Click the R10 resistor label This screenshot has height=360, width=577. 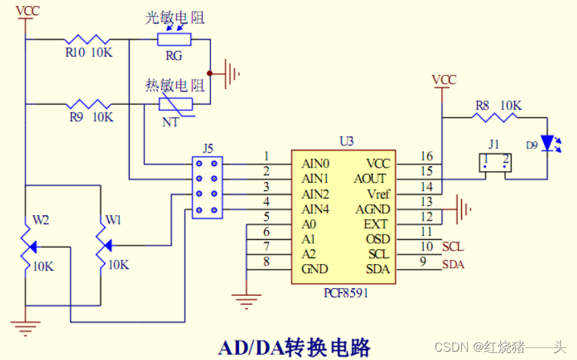(x=75, y=53)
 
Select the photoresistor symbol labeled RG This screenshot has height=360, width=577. (x=174, y=39)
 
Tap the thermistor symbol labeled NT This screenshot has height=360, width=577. (x=174, y=104)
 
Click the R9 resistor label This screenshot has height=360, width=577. (x=76, y=117)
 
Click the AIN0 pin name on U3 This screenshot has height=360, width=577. (x=315, y=164)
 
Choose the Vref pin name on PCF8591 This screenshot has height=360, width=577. (x=376, y=194)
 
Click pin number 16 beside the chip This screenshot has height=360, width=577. (x=427, y=157)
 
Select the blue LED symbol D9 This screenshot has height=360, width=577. (x=548, y=143)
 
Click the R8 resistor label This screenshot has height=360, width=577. (x=482, y=106)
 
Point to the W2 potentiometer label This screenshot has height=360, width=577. (x=42, y=221)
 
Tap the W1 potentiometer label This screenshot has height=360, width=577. (x=114, y=221)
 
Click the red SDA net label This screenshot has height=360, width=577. (x=453, y=264)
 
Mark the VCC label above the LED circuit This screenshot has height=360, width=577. (x=443, y=79)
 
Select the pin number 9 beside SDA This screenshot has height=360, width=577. (x=423, y=261)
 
